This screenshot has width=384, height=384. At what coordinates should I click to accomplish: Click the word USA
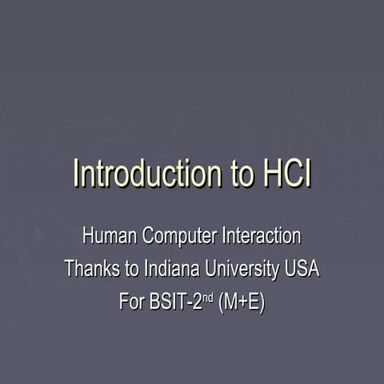(302, 270)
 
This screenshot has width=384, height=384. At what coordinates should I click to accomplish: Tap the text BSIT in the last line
(169, 303)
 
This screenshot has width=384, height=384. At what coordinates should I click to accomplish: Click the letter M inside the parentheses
(230, 303)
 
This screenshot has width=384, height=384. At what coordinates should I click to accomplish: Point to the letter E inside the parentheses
(252, 303)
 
